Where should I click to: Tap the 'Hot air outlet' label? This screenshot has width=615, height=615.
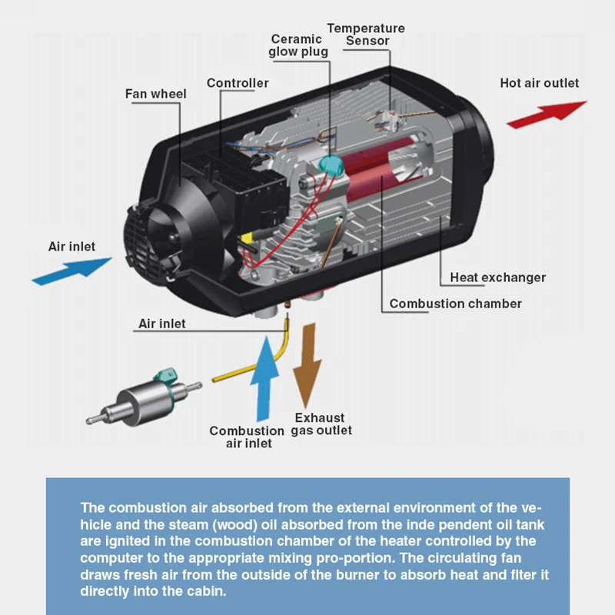539,83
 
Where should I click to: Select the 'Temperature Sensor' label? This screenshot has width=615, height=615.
366,35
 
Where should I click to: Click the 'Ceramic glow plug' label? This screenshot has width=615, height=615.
298,45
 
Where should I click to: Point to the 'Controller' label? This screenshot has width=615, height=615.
238,83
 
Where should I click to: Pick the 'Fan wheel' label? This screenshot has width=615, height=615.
156,95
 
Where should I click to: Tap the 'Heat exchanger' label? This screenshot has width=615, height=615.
497,278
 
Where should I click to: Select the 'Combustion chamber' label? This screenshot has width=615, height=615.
455,304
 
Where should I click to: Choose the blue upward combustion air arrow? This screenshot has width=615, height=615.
265,377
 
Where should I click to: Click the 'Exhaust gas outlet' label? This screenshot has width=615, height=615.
321,424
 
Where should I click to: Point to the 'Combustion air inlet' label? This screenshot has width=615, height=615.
248,437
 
